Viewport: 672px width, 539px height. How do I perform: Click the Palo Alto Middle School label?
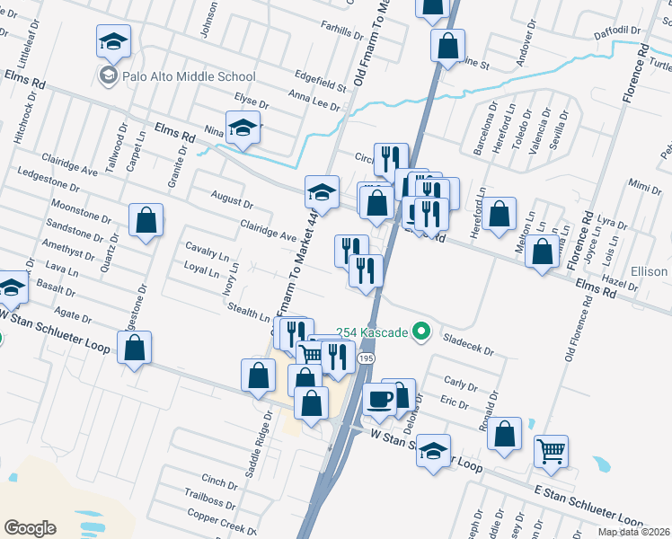point(190,77)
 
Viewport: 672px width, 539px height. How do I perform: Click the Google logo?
point(30,528)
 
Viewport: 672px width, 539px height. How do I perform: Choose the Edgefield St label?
point(320,81)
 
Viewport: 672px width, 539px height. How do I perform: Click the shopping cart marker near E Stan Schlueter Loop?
point(551,452)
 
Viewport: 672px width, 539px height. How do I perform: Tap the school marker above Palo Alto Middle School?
point(114,41)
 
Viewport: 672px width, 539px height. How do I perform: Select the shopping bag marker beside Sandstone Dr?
point(146,221)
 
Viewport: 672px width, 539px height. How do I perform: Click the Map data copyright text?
point(631,532)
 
